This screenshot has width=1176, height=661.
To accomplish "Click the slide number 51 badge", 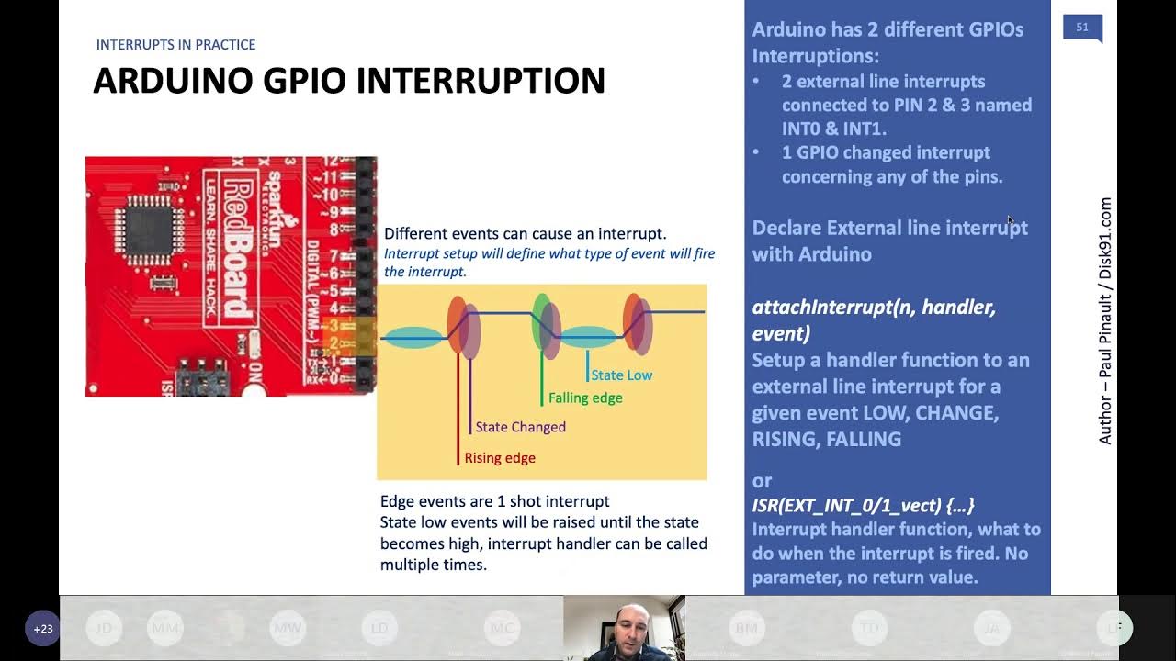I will [x=1081, y=28].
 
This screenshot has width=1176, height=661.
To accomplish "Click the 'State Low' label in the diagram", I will [x=621, y=375].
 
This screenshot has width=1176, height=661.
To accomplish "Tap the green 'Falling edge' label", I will [x=585, y=398].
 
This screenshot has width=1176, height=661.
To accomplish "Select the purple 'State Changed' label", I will [x=520, y=427].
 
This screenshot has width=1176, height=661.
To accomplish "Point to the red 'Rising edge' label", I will [x=499, y=458].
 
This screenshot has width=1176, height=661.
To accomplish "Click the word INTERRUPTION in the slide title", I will [x=481, y=81].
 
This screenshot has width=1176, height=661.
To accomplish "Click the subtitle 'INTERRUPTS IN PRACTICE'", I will [x=175, y=44].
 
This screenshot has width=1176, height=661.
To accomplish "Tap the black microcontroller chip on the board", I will [x=149, y=223].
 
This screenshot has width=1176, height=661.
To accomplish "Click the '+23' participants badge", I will [x=42, y=629].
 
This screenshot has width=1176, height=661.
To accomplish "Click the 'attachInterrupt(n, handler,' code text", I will [x=874, y=307].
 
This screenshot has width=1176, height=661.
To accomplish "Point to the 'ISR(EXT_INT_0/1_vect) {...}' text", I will [x=863, y=505].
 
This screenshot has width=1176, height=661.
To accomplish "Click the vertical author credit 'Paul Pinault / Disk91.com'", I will [x=1105, y=321].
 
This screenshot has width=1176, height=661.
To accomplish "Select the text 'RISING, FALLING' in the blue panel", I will [x=826, y=439].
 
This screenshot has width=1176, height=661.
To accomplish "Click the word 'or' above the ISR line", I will [x=762, y=480].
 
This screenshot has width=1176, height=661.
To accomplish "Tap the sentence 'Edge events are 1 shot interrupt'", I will [x=494, y=501].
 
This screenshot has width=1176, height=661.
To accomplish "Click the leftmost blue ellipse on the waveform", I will [x=413, y=338].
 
